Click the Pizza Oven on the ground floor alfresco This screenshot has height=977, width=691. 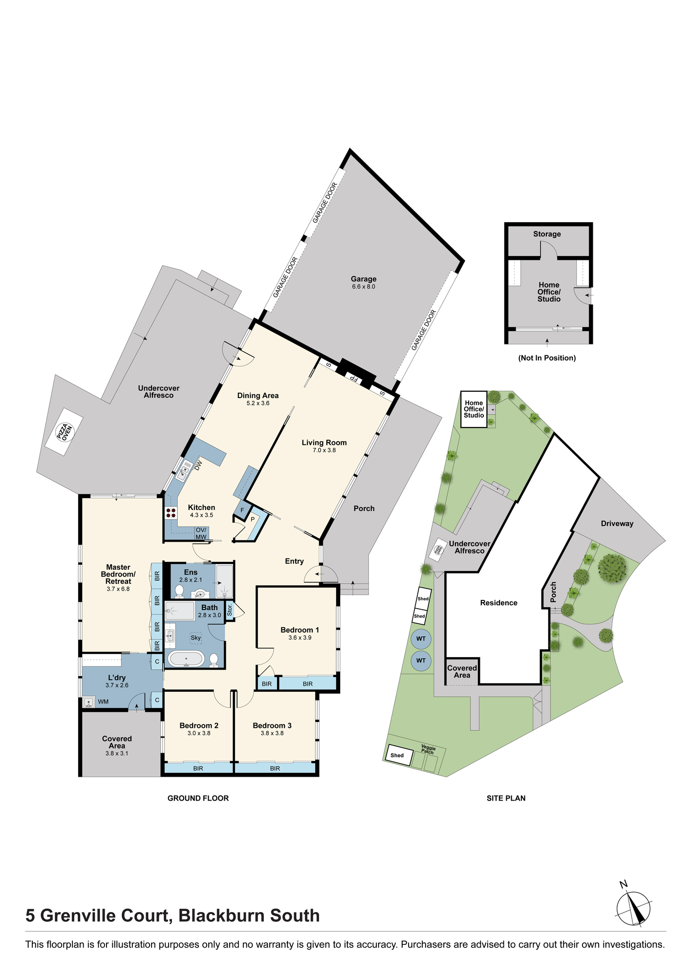(x=64, y=432)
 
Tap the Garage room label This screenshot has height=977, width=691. (x=364, y=279)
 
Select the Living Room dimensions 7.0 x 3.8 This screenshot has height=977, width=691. (x=324, y=450)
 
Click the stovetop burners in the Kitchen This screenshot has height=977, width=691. (x=171, y=513)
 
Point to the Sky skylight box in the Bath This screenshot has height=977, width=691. (x=195, y=637)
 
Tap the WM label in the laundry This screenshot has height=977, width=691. (x=104, y=702)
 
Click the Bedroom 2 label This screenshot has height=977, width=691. (x=199, y=725)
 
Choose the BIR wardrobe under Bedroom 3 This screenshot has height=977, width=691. (x=275, y=768)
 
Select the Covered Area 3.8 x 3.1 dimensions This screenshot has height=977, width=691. (x=117, y=753)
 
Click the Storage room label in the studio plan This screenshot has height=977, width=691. (x=547, y=234)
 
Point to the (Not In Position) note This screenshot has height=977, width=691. (x=547, y=358)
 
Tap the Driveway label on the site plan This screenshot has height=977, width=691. (x=617, y=524)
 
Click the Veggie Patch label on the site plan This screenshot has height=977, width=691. (x=428, y=749)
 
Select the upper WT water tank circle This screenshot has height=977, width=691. (x=421, y=638)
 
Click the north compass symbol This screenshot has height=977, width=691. (x=633, y=908)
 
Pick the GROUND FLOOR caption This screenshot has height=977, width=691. (x=198, y=798)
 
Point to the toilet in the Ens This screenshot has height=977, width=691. (x=179, y=592)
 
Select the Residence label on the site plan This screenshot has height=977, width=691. (x=498, y=603)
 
